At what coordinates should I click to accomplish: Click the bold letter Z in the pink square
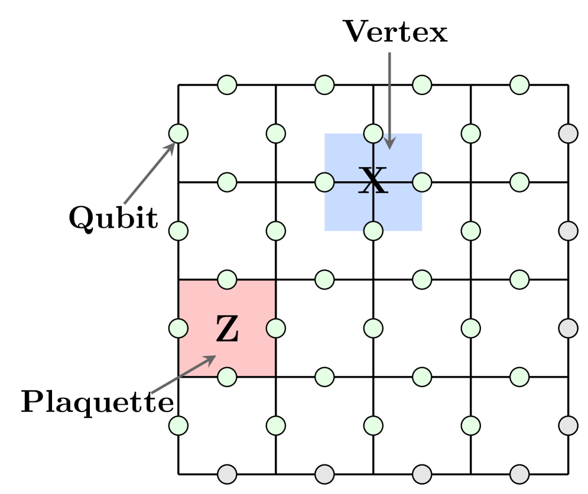tap(227, 329)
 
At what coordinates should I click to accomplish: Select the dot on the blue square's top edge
tap(373, 133)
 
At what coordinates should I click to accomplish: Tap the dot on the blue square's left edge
tap(324, 182)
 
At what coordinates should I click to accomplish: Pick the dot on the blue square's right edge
tap(422, 182)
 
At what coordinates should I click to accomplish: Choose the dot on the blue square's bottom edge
tap(373, 231)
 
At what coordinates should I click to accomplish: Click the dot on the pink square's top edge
tap(227, 280)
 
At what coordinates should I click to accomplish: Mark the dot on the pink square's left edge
tap(178, 328)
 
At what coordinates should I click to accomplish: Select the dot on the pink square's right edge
tap(276, 328)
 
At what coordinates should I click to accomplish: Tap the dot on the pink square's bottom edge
tap(227, 377)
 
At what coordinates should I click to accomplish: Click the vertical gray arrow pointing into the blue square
tap(389, 100)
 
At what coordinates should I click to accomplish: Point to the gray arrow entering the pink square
tap(183, 375)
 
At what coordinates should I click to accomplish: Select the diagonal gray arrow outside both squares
tap(150, 174)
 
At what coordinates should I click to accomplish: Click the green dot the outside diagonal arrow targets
tap(178, 133)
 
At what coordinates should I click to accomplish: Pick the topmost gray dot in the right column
tap(568, 133)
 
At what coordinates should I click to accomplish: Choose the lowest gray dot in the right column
tap(568, 426)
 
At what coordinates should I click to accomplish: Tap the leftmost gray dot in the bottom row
tap(227, 474)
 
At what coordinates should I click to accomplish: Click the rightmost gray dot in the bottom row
tap(519, 474)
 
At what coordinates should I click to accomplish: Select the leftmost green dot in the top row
tap(227, 85)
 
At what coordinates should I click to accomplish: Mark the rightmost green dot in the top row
tap(519, 85)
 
